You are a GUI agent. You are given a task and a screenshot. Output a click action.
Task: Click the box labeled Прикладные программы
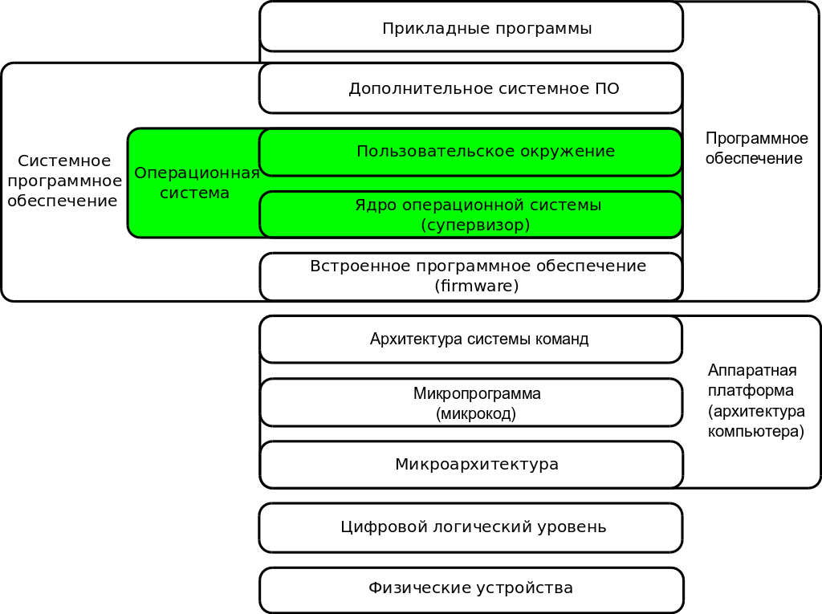click(471, 27)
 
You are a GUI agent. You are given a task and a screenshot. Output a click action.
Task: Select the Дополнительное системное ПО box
click(470, 88)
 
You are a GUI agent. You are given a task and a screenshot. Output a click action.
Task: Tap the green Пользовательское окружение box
click(470, 152)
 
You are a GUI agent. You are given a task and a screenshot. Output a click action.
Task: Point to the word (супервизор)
click(475, 226)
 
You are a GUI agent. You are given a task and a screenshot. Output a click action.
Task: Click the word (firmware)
click(477, 286)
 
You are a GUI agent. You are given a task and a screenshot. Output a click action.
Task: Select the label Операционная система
click(196, 183)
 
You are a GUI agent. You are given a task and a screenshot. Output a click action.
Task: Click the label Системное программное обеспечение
click(64, 181)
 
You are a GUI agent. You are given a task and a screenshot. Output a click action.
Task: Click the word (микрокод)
click(476, 414)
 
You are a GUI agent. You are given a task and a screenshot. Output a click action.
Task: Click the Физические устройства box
click(470, 588)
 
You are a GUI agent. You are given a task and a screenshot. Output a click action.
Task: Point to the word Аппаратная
click(752, 370)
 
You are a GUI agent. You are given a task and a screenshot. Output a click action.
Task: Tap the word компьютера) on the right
click(755, 432)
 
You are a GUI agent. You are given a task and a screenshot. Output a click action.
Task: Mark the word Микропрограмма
click(477, 394)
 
